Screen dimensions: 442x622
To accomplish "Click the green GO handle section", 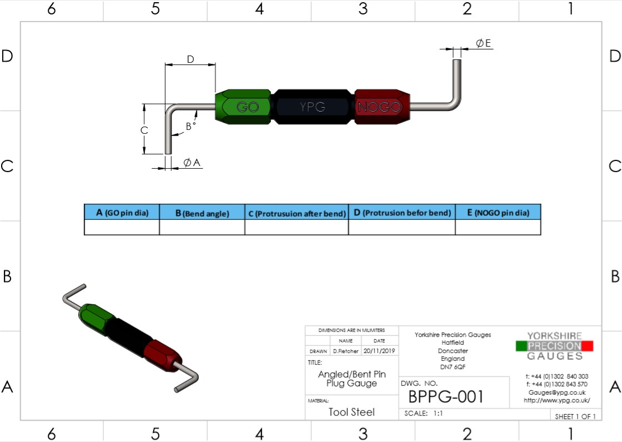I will pos(244,107).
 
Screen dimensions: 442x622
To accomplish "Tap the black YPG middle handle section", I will pos(312,107).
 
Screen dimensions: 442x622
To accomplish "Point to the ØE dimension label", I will pos(483,43).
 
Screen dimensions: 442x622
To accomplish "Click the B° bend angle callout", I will pos(190,126).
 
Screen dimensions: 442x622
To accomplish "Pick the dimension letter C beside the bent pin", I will pos(144,130).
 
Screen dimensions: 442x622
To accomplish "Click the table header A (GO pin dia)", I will pos(122,213).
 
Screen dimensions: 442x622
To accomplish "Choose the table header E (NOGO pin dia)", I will pos(498,213).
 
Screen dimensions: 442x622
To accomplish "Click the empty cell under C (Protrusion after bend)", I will pos(297,227).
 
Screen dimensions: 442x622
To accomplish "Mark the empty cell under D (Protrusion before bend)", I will pos(402,227).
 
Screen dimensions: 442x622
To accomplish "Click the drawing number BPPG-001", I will pos(446,396).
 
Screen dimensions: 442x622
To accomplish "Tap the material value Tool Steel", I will pos(352,412).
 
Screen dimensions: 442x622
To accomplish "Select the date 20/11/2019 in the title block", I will pos(379,351).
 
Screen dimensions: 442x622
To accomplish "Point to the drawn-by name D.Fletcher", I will pos(345,351).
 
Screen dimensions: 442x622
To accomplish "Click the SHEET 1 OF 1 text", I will pos(575,416).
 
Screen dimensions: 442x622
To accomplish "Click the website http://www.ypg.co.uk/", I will pos(556,400).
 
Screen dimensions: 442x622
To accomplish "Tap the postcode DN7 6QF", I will pos(453,366).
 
